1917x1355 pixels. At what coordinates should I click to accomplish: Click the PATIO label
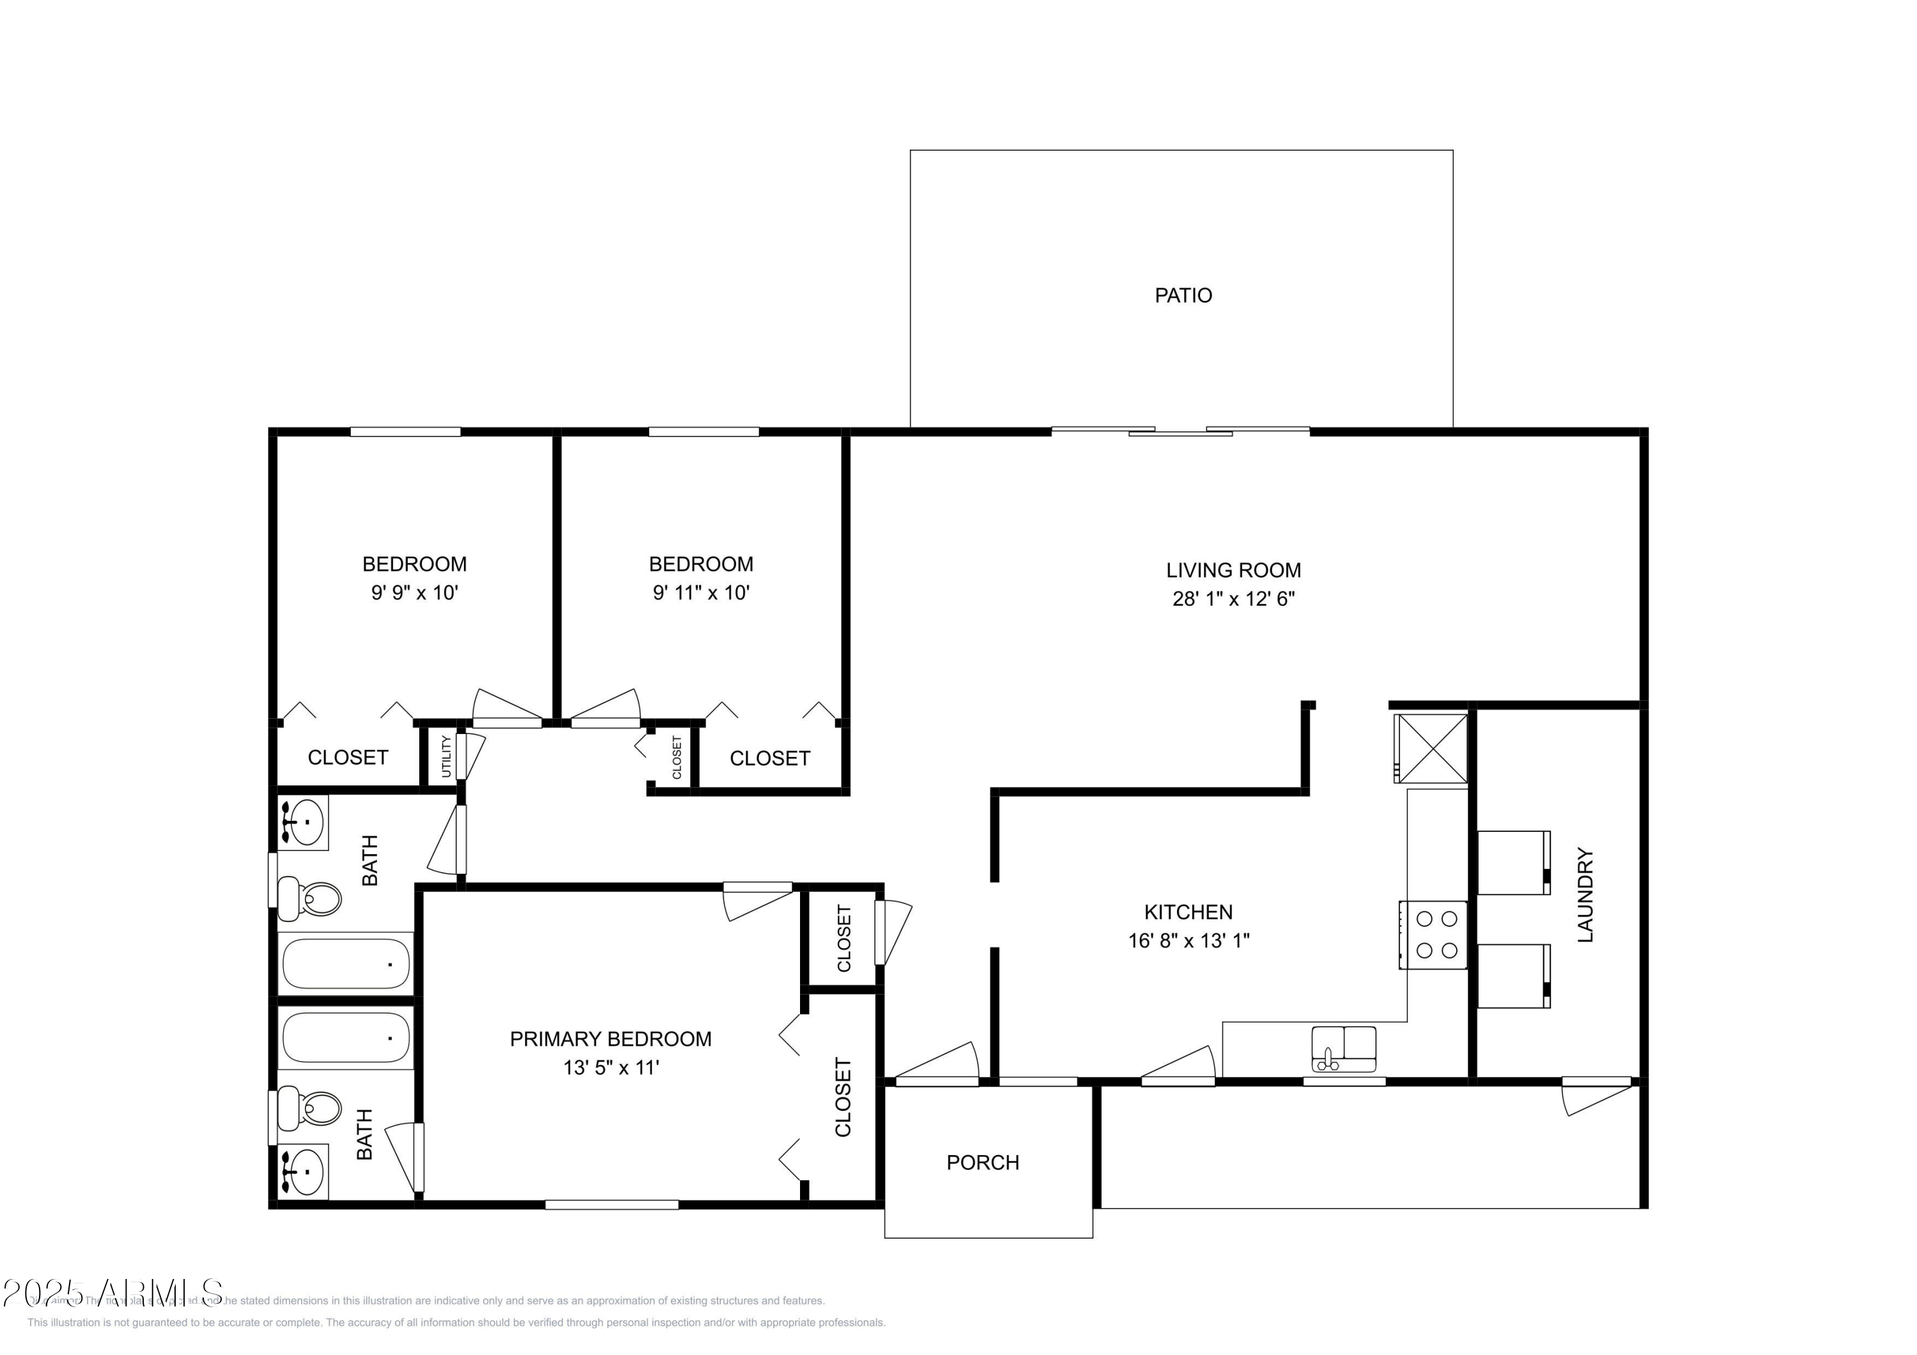pos(1182,296)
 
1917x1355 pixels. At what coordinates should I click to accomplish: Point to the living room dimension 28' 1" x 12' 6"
pos(1233,599)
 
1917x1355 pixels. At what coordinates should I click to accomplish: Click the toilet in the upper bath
pos(310,898)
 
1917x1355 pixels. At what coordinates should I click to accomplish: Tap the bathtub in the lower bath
pos(346,1037)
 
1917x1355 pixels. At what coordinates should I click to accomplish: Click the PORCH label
pos(982,1163)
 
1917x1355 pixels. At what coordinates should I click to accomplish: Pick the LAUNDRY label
pos(1585,895)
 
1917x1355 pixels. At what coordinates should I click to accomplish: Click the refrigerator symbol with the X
pos(1431,748)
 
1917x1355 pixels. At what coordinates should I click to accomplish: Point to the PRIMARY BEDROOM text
pos(610,1039)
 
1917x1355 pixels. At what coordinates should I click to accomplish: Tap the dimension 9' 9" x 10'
pos(414,593)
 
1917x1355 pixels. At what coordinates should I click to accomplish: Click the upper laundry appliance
pos(1513,862)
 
